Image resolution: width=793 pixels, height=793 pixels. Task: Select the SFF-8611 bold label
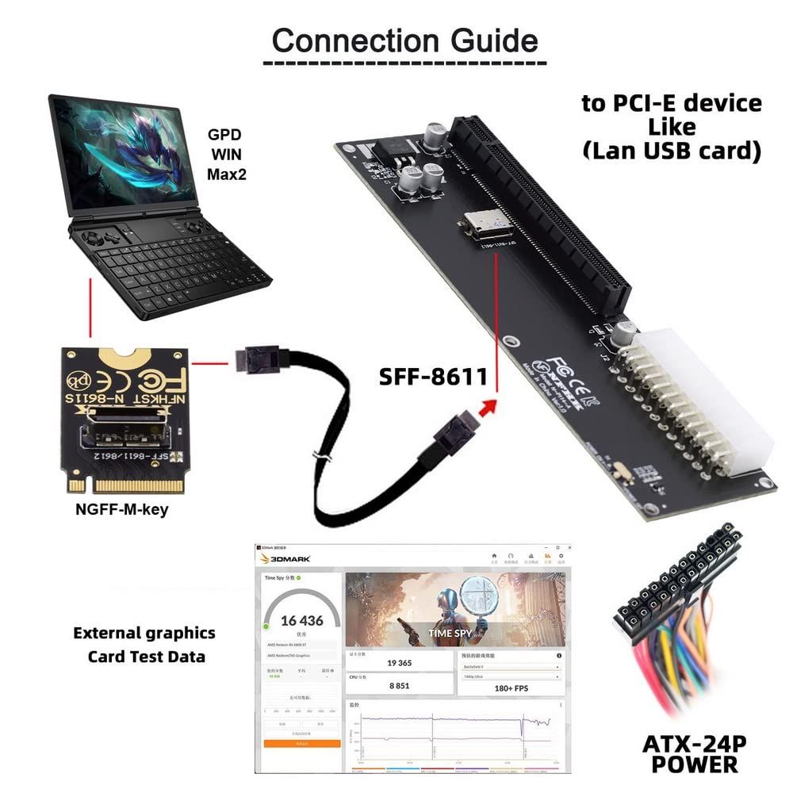(432, 376)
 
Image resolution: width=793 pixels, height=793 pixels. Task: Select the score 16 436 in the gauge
(302, 621)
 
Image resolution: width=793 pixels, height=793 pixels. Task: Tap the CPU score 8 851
(399, 685)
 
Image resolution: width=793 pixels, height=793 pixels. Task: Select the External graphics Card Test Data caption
(145, 644)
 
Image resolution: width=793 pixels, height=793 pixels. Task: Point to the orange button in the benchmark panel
(302, 744)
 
